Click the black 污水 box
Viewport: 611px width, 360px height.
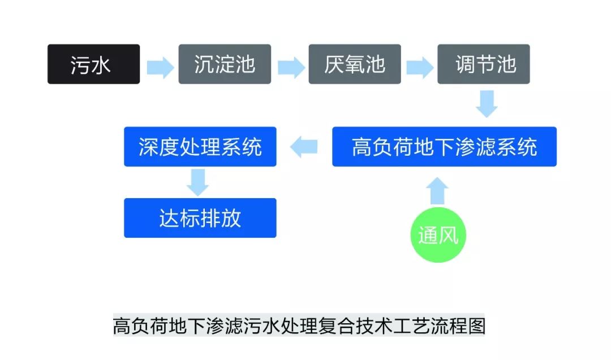pos(93,64)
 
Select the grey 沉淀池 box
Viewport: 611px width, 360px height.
pos(225,64)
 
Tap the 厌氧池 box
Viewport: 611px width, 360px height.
pos(355,64)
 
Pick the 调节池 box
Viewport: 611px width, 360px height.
pos(484,64)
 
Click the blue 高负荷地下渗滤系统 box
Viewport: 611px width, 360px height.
pos(444,147)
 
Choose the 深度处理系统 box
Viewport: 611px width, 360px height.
pos(200,147)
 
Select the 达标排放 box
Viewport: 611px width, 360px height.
pos(200,218)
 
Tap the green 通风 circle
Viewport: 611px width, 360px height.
pos(438,234)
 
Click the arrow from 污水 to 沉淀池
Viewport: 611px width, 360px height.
pos(160,67)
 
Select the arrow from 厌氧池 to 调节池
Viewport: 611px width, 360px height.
pos(420,67)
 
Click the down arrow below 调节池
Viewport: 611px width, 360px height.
pos(487,103)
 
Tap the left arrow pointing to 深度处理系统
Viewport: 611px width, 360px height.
pos(304,148)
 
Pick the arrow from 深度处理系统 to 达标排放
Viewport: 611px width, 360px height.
pos(198,182)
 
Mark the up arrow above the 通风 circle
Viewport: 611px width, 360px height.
pos(438,191)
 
